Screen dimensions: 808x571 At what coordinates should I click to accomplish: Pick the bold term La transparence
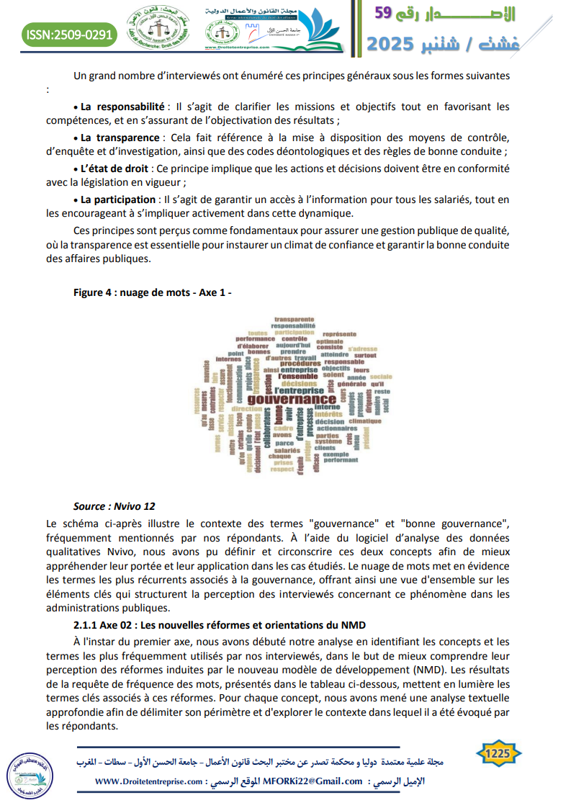118,138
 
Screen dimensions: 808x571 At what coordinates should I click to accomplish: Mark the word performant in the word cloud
340,459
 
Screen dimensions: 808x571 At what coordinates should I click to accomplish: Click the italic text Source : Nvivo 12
114,506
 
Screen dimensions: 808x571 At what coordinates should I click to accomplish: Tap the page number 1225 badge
498,753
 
